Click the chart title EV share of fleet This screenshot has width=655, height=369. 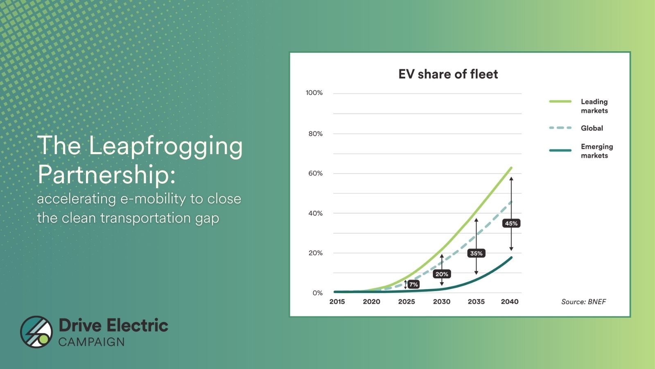pos(448,74)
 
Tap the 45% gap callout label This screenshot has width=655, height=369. pos(511,223)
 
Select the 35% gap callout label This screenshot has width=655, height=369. pos(476,253)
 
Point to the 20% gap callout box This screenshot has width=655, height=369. pos(442,274)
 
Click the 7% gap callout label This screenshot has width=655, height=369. pos(413,284)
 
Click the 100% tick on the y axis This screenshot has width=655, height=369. pos(314,93)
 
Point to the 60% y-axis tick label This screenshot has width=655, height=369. pos(315,173)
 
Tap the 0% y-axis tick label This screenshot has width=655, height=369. pos(317,293)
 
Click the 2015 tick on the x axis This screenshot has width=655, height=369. pos(337,301)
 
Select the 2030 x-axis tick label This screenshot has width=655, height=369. pos(441,301)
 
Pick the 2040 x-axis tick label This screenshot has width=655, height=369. pos(510,301)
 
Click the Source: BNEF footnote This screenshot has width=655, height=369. pos(583,302)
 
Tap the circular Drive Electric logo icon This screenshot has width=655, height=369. pos(36,332)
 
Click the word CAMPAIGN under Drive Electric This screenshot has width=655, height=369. pos(91,342)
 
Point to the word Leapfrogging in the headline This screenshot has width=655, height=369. pos(166,146)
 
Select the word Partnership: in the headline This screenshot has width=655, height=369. pos(106,174)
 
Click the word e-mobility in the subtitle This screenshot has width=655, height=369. pos(153,199)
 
